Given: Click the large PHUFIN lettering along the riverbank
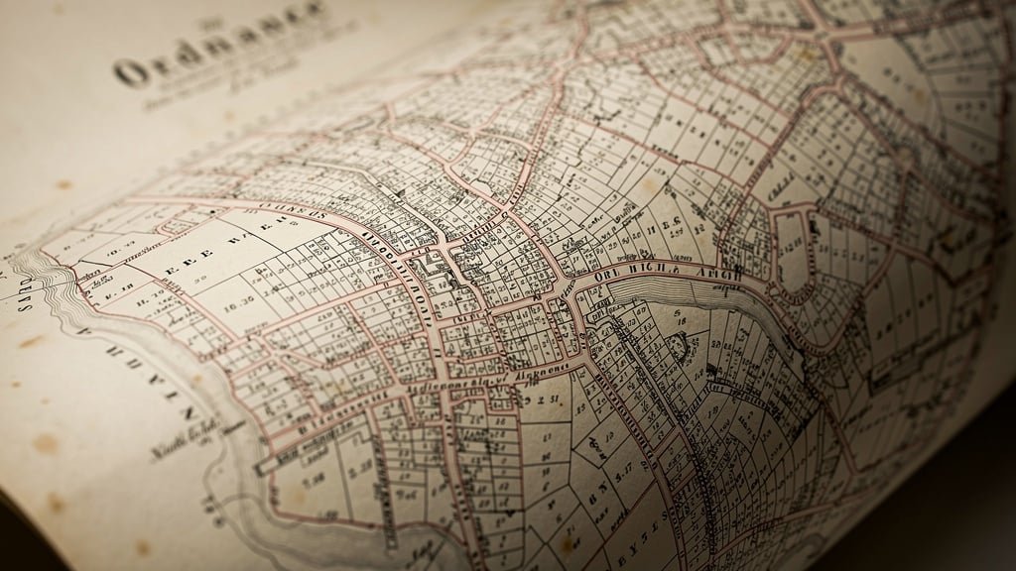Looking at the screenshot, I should pyautogui.click(x=149, y=367).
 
